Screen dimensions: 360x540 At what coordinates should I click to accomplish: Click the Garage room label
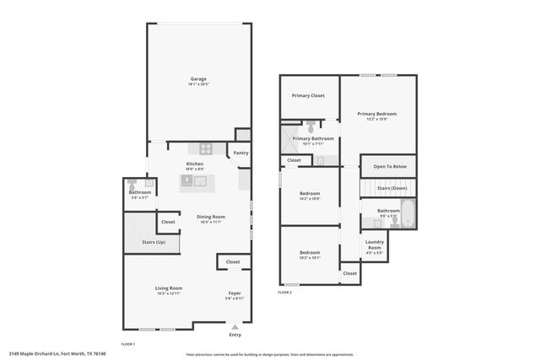198,80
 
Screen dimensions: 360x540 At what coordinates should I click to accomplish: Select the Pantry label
241,153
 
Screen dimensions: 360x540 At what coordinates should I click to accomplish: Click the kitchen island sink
187,180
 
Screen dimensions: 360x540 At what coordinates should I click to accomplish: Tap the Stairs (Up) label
142,242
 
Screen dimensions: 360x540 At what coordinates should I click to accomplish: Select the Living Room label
169,287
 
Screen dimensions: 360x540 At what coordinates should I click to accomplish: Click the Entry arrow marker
235,326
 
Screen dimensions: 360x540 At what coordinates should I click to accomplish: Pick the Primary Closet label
308,95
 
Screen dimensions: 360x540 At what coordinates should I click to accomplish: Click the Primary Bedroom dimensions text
376,119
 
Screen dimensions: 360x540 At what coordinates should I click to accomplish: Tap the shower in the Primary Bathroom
286,140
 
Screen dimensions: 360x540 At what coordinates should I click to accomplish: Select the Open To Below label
390,166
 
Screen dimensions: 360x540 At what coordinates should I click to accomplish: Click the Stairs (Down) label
391,188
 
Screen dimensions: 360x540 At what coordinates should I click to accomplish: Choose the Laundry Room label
374,244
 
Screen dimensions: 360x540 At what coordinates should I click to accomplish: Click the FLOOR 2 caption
284,292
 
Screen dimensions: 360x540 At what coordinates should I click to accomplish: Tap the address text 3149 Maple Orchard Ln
38,354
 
